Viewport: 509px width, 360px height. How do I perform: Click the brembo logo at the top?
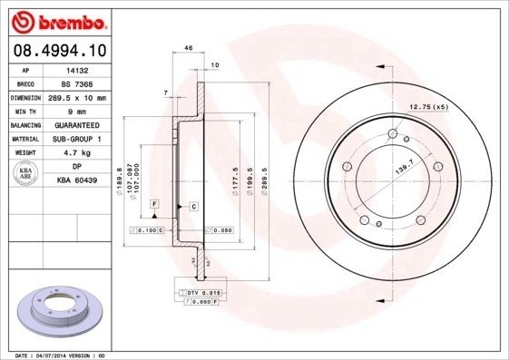click(60, 20)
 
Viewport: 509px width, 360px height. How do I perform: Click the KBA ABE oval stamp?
click(26, 173)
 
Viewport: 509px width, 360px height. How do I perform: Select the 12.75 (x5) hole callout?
click(429, 108)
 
